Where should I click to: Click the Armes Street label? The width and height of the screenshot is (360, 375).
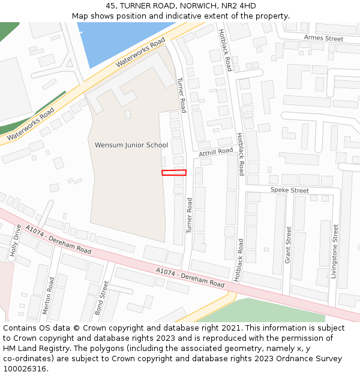tap(323, 38)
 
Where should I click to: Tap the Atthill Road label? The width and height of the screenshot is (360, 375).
tap(216, 152)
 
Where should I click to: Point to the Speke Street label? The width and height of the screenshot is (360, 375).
tap(289, 190)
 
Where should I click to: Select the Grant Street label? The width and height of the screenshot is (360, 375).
tap(289, 245)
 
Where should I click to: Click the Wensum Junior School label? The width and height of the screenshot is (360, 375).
tap(131, 145)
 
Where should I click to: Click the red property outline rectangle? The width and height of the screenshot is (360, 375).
tap(174, 173)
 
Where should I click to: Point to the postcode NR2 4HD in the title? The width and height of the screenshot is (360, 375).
tap(239, 6)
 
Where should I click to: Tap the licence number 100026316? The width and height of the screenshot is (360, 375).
tap(25, 369)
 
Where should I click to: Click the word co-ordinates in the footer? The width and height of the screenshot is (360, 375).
tap(25, 359)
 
